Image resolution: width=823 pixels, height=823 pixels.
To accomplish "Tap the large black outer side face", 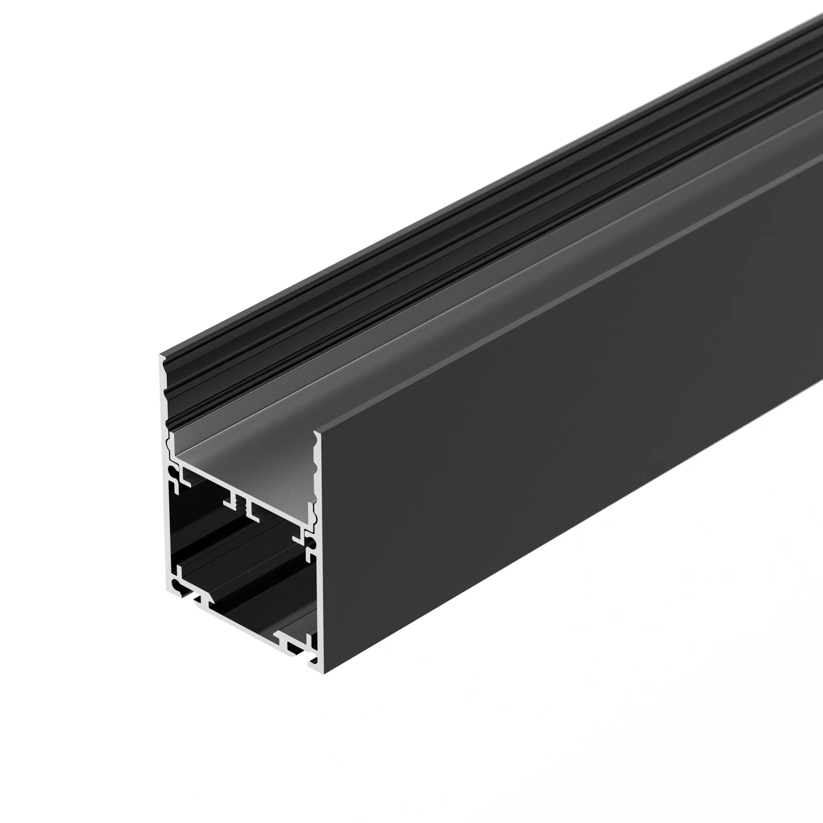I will [554, 426].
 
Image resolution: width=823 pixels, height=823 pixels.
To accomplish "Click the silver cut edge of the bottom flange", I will [247, 626].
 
